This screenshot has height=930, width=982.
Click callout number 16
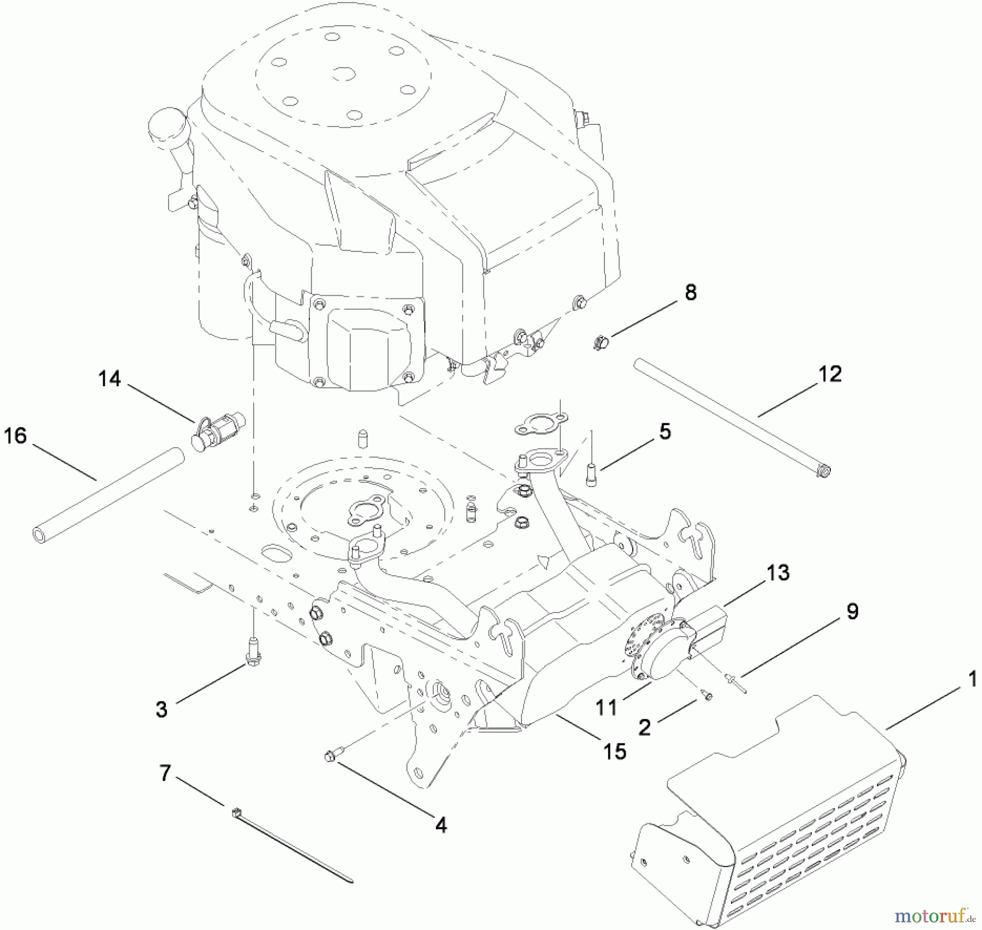click(15, 436)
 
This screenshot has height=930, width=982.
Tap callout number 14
click(109, 379)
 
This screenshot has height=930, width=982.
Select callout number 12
click(829, 374)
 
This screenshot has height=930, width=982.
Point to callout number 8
click(690, 293)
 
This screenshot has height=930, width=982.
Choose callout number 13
click(777, 573)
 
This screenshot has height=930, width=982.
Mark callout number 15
click(614, 752)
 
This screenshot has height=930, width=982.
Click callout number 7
click(165, 773)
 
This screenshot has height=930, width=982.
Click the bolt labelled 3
click(253, 652)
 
